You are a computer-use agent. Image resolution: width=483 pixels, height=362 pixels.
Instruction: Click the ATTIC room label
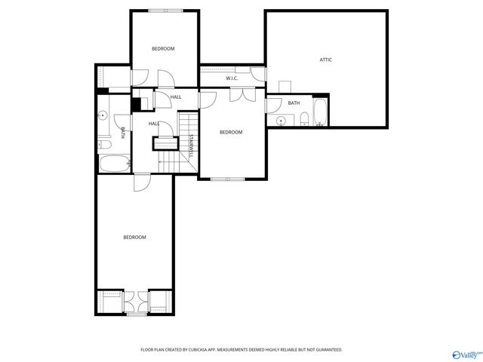pyautogui.click(x=326, y=60)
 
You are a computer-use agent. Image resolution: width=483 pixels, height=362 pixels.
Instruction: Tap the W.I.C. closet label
pyautogui.click(x=232, y=78)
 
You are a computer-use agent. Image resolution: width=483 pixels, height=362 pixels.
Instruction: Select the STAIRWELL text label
pyautogui.click(x=191, y=146)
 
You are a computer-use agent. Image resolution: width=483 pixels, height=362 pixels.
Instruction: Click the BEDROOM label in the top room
pyautogui.click(x=163, y=49)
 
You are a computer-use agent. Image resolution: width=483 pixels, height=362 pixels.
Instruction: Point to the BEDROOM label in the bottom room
pyautogui.click(x=134, y=238)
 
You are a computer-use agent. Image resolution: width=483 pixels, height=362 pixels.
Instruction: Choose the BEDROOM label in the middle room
pyautogui.click(x=231, y=133)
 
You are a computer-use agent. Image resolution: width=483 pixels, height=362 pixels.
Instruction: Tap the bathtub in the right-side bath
pyautogui.click(x=320, y=112)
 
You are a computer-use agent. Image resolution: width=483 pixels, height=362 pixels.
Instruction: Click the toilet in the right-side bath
pyautogui.click(x=303, y=118)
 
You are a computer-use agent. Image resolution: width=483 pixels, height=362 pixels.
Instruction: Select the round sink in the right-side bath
pyautogui.click(x=281, y=120)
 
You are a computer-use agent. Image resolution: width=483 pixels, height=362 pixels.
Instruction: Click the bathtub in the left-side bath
pyautogui.click(x=113, y=164)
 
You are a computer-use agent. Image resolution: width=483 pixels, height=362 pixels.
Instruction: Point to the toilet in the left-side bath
pyautogui.click(x=104, y=143)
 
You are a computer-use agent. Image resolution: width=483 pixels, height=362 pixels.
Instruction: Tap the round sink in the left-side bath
pyautogui.click(x=103, y=115)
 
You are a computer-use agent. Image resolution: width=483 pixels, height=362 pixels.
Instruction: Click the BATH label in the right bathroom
pyautogui.click(x=294, y=103)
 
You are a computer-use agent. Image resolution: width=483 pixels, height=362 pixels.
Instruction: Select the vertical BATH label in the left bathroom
pyautogui.click(x=123, y=133)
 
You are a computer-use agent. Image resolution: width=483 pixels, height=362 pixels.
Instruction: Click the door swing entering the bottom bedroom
pyautogui.click(x=142, y=183)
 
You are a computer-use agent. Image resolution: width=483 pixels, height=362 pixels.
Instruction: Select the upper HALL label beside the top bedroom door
pyautogui.click(x=176, y=97)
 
